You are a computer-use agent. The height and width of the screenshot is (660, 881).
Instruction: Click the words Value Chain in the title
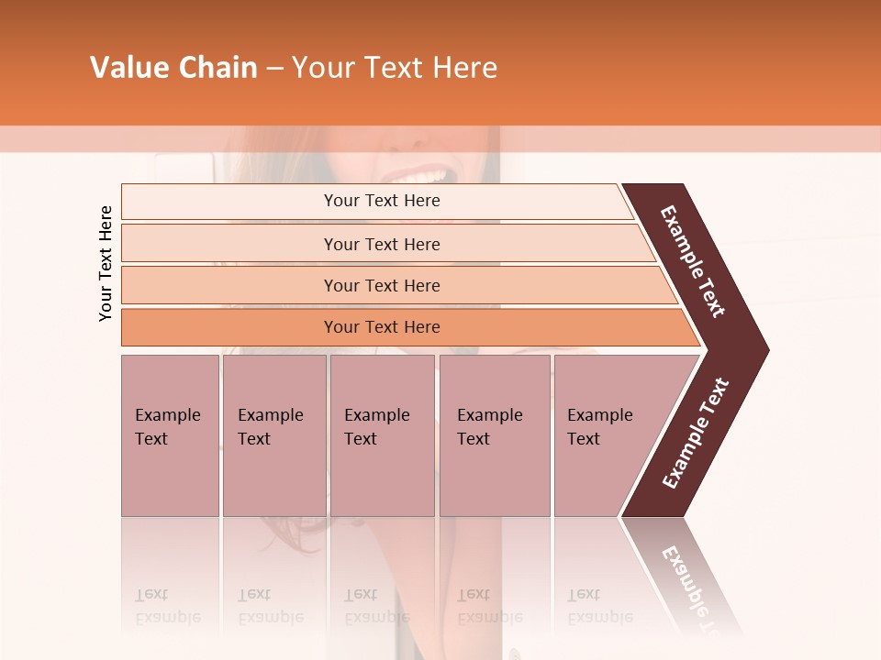coord(173,68)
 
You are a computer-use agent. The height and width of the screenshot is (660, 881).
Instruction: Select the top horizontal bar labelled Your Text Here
coord(382,201)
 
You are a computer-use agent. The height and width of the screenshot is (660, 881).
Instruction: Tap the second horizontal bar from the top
coord(382,244)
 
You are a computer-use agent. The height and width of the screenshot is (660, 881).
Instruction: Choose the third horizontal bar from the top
coord(382,285)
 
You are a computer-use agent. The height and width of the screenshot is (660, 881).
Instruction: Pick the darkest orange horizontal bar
coord(382,327)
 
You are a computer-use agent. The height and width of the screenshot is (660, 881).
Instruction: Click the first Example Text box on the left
coord(170,434)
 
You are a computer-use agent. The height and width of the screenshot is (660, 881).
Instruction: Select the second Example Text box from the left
coord(273,434)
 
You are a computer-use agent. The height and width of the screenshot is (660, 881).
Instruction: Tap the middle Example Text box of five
coord(382,434)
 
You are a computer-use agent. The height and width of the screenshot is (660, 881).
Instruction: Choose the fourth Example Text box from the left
coord(494,434)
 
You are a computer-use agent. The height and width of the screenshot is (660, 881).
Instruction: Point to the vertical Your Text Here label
coord(106,263)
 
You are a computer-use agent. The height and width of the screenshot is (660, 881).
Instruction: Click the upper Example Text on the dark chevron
coord(693,261)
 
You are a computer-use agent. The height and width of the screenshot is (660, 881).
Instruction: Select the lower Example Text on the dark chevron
coord(696,434)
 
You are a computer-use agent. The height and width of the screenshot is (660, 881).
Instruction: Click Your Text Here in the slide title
coord(395,68)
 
